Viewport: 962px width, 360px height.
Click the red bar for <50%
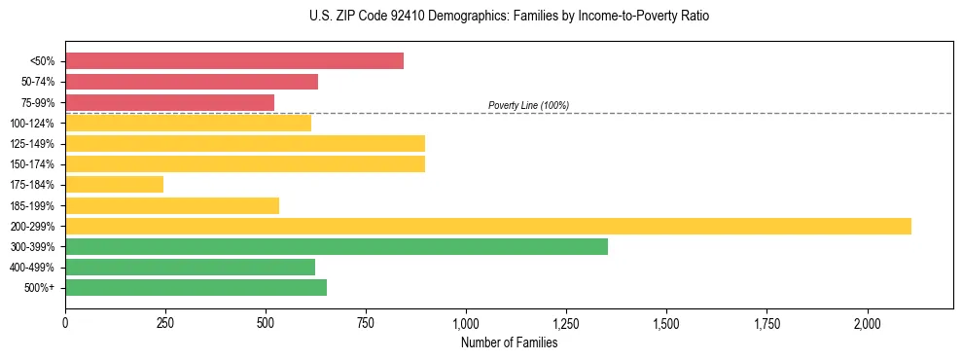pos(234,61)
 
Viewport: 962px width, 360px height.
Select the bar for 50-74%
pos(192,82)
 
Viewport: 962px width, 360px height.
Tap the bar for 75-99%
pos(169,102)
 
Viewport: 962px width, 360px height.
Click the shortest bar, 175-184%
pos(114,184)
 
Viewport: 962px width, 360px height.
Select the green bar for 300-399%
pos(337,246)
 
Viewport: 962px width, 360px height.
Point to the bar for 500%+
pos(196,287)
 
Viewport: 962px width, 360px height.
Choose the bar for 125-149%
pos(245,143)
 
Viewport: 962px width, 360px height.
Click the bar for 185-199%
pos(172,205)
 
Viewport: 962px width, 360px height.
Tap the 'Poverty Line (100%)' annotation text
pos(528,105)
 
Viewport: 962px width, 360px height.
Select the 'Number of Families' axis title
pos(509,342)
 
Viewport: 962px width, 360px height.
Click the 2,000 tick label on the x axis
pos(867,322)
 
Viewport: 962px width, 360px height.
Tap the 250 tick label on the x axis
pos(165,322)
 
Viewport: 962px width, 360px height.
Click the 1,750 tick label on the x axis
pos(766,322)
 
